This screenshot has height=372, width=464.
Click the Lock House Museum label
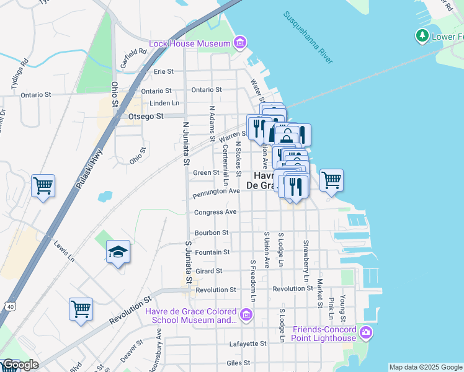189,43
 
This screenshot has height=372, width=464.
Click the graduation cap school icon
118,252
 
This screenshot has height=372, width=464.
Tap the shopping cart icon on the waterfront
331,180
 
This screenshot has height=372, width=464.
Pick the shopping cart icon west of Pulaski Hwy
43,185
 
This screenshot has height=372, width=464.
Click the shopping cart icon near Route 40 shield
81,309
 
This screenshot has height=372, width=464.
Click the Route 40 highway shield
9,306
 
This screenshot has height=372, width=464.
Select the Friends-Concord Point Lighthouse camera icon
366,333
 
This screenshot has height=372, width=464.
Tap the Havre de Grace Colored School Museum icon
246,316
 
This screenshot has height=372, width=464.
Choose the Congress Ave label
216,212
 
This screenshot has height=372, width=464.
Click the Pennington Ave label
216,192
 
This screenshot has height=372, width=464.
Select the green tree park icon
422,36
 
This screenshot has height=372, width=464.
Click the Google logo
20,365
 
